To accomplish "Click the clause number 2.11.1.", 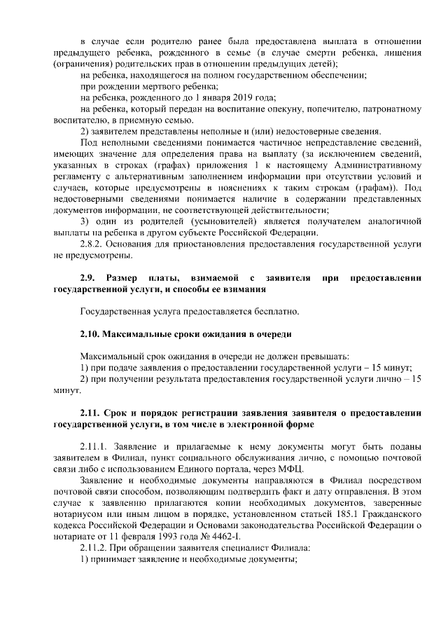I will [x=97, y=446].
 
